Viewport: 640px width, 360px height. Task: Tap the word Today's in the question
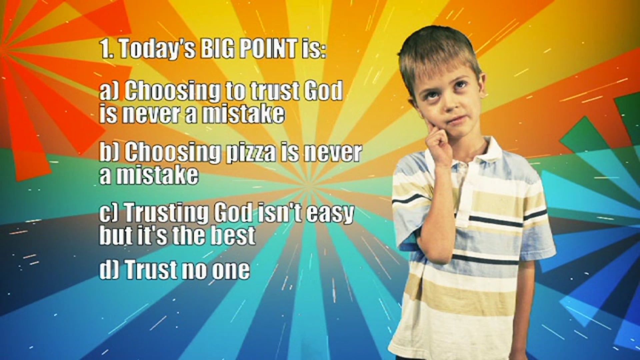[x=157, y=49]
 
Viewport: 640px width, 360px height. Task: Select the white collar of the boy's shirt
[x=490, y=147]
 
